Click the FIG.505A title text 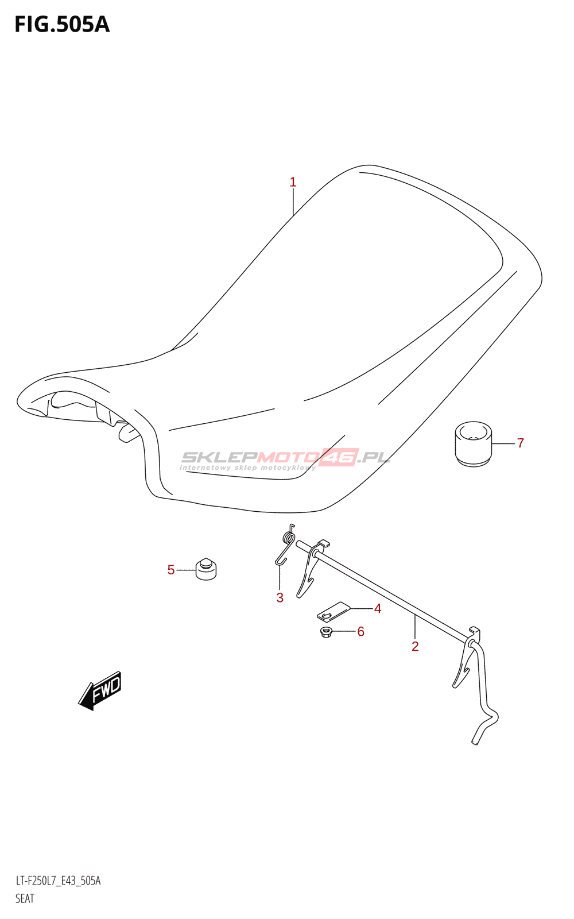[62, 24]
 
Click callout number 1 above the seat [293, 183]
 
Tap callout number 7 [520, 443]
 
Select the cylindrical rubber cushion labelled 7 [474, 443]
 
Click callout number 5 [171, 570]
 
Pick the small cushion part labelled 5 [206, 569]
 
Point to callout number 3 [280, 597]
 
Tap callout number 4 [377, 608]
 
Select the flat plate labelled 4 [333, 611]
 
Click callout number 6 [360, 631]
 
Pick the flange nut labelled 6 [327, 633]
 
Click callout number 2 [415, 646]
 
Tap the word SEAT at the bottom [25, 898]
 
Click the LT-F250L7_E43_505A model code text [58, 881]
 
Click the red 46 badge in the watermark [339, 457]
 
